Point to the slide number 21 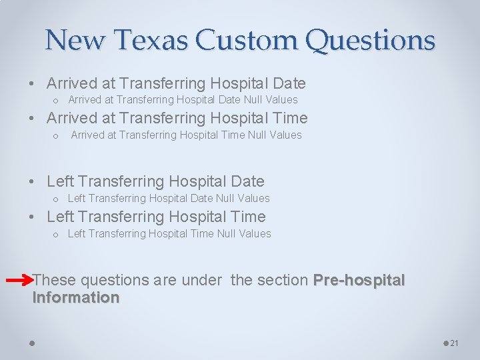455,343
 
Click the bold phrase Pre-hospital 359,280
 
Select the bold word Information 76,297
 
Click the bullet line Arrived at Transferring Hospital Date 176,83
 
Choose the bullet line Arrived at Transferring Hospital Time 177,118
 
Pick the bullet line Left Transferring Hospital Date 155,181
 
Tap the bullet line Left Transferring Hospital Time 156,217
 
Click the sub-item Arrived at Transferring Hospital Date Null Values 183,100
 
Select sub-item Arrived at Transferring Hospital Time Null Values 186,135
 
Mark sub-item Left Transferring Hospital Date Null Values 169,199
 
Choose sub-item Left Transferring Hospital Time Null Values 169,234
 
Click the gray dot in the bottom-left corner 32,343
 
